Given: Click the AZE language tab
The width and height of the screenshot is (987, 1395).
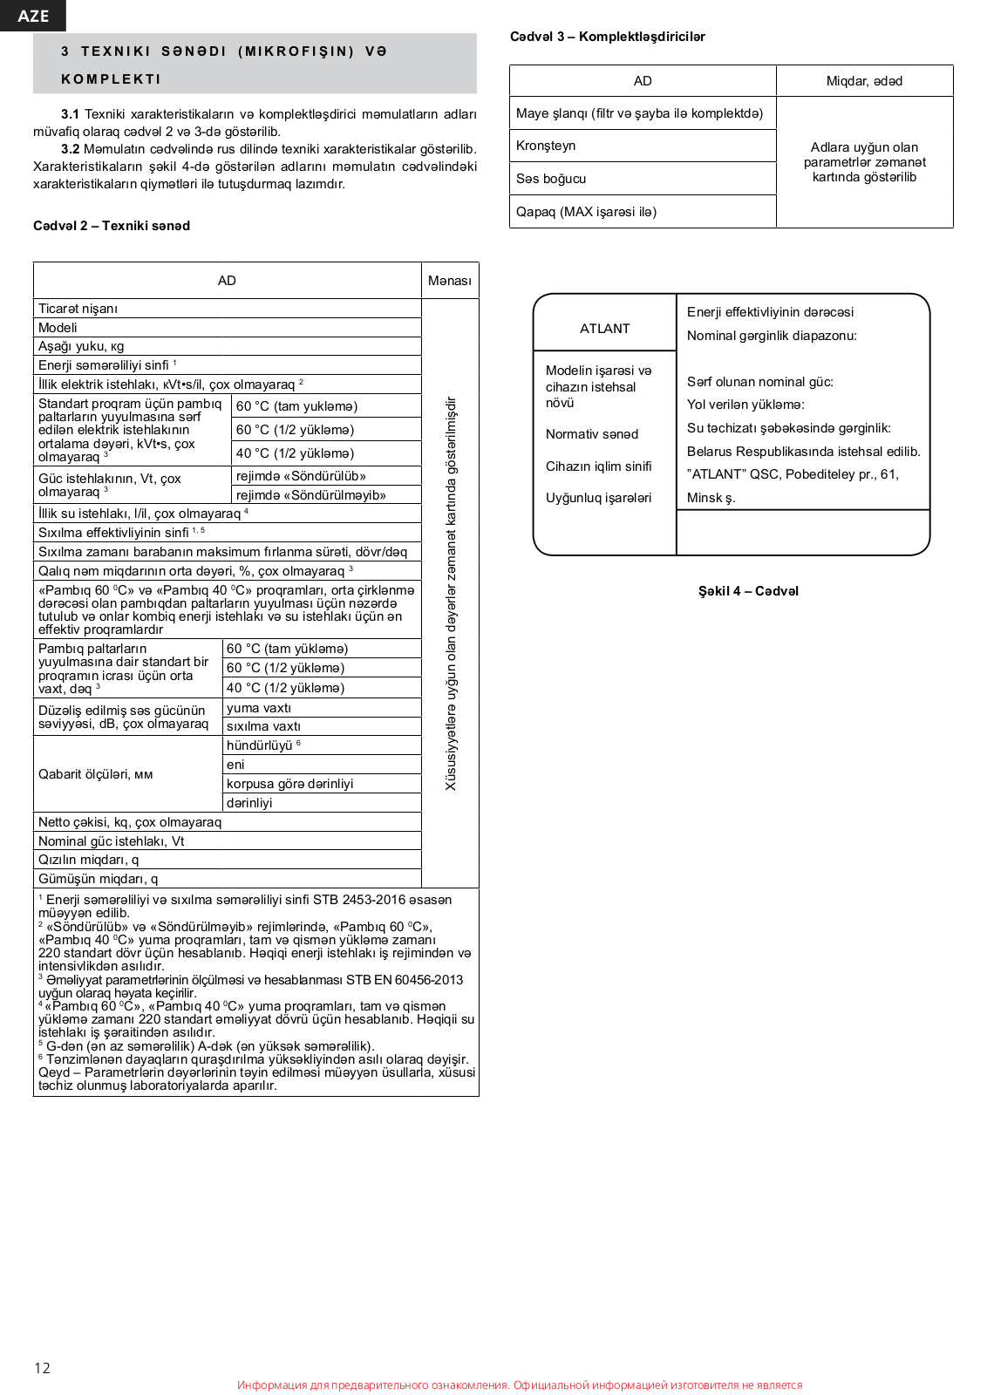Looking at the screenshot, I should tap(33, 16).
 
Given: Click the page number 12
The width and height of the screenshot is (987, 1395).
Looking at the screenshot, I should tap(42, 1368).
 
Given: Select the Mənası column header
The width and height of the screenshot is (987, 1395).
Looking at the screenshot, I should tap(449, 281).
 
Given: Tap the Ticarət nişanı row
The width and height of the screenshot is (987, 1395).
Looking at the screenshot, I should tap(78, 309).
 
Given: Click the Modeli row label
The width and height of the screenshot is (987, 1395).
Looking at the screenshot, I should tap(58, 328).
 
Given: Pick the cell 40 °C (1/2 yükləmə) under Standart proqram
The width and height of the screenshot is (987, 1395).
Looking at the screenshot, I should tap(295, 453).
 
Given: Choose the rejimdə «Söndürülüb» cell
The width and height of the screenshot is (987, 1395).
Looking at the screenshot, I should tap(301, 476).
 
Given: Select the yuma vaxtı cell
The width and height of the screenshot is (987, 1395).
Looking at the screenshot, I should tap(259, 708).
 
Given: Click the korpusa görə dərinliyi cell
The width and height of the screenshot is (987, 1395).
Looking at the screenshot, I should tap(289, 784).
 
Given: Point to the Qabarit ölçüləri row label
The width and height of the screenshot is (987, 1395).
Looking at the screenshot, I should tap(95, 774).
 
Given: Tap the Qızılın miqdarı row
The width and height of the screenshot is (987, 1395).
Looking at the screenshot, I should tap(88, 860).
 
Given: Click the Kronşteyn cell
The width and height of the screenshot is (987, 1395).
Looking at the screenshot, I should tap(546, 146).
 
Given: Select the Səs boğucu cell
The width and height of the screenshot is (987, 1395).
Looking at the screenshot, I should tap(551, 179).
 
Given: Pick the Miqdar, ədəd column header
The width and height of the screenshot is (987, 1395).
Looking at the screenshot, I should tap(864, 81).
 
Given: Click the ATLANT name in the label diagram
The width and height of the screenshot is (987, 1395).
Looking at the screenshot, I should tap(604, 329).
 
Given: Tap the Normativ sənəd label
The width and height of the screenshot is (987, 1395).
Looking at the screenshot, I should tap(592, 434).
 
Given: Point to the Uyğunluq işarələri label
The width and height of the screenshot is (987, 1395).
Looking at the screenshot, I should tap(598, 498).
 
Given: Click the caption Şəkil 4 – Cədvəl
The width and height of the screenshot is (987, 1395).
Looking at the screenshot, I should tap(748, 591).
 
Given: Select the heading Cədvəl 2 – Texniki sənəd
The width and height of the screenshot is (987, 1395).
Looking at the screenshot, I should tap(112, 226).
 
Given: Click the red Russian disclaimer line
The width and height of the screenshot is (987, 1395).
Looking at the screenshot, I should tap(520, 1385).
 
